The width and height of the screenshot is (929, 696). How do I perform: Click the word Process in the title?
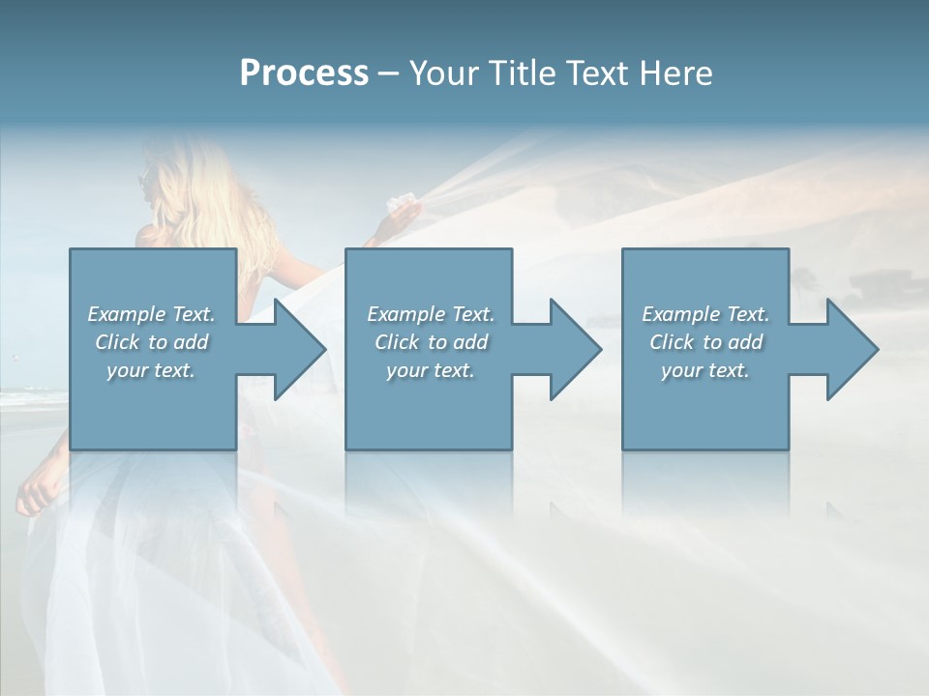(x=304, y=73)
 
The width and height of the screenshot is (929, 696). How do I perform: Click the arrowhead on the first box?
(x=296, y=349)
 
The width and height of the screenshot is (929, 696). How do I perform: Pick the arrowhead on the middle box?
(x=572, y=349)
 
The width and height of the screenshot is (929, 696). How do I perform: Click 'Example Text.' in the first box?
(x=151, y=314)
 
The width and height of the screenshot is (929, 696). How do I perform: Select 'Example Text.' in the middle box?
(x=430, y=314)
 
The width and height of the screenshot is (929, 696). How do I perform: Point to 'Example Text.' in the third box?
(x=705, y=314)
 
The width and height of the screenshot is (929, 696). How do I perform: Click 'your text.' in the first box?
(x=151, y=370)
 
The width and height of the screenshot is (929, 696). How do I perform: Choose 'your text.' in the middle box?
(x=430, y=370)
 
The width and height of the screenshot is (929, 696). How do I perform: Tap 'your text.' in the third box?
(x=705, y=370)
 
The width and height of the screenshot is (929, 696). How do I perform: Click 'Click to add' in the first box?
(x=151, y=342)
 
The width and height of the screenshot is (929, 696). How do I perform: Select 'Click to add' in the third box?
(x=705, y=342)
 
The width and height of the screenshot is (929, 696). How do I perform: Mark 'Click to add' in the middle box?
(x=430, y=342)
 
